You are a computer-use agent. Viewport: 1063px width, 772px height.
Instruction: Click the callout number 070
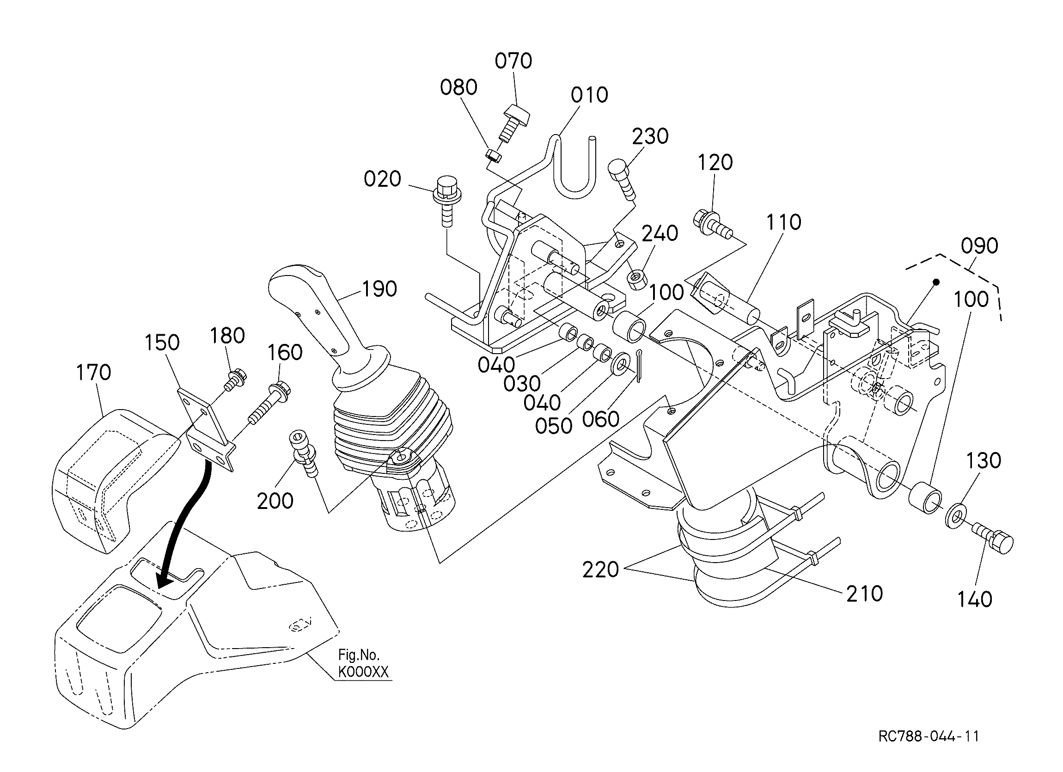(x=513, y=61)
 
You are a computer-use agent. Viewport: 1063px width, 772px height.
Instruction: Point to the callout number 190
(x=379, y=289)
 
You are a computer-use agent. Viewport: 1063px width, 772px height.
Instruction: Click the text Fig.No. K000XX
(x=363, y=663)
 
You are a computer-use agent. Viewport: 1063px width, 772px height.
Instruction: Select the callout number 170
(x=93, y=373)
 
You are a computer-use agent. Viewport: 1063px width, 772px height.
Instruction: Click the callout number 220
(x=600, y=570)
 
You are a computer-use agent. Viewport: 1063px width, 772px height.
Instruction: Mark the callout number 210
(x=865, y=594)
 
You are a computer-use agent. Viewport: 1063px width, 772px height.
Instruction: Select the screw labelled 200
(x=304, y=453)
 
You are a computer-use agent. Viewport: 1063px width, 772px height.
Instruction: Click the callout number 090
(x=979, y=246)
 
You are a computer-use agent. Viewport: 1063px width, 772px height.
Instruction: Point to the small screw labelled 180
(x=234, y=380)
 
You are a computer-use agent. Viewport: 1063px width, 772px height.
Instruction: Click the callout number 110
(x=784, y=222)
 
